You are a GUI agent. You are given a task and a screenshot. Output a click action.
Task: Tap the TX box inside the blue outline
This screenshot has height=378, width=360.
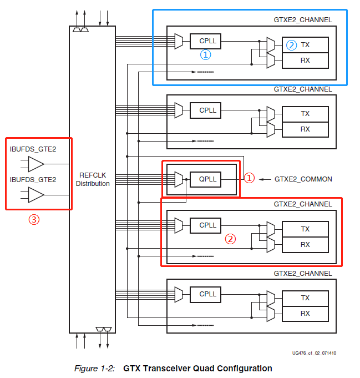point(305,45)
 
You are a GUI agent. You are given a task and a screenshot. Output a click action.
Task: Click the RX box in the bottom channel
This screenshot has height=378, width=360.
point(305,313)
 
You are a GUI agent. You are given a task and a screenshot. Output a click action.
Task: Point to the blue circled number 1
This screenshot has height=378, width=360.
point(205,55)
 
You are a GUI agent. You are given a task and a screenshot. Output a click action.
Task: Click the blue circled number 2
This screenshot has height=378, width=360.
point(291,45)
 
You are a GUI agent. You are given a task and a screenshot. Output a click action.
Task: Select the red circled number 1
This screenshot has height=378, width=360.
point(250,178)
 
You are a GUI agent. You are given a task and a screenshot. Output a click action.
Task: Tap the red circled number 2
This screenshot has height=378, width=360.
point(230,239)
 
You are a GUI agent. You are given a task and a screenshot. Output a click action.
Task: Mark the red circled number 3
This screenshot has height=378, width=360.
point(34,219)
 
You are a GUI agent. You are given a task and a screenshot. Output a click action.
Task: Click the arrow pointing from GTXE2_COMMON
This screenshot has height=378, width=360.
point(265,179)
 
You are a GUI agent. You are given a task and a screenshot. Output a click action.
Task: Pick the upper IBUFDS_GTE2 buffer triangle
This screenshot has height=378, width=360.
point(36,164)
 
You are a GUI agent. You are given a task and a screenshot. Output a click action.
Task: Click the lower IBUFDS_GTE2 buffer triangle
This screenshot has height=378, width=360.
point(36,195)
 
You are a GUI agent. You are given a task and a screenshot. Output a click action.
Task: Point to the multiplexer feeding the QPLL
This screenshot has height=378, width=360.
point(178,179)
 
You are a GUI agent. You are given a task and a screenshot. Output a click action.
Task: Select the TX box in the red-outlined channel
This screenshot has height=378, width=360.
point(305,229)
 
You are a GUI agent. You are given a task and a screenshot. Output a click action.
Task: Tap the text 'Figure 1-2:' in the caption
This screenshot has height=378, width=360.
point(94,369)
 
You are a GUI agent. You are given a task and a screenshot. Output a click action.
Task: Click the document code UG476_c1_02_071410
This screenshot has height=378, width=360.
point(314,353)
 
